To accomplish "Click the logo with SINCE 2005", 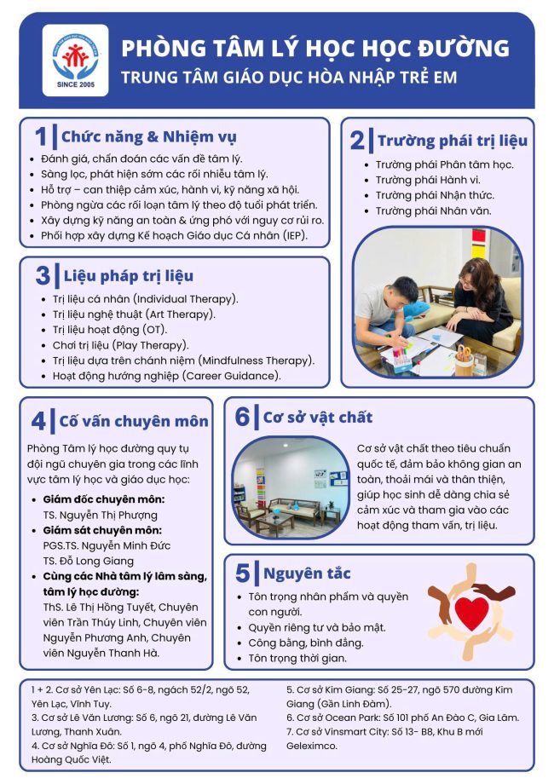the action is (75, 61).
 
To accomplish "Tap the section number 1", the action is (41, 137).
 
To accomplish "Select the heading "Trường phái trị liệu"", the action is (453, 141).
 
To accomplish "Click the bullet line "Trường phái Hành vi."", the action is (428, 180).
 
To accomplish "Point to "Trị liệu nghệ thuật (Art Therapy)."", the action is (134, 314).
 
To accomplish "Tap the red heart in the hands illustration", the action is (471, 613).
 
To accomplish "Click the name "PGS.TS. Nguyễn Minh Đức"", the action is (107, 545).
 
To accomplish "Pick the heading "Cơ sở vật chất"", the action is (318, 418).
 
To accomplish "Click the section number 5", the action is (243, 573).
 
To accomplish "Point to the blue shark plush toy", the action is (416, 310).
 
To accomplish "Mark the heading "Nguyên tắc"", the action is (307, 573).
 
